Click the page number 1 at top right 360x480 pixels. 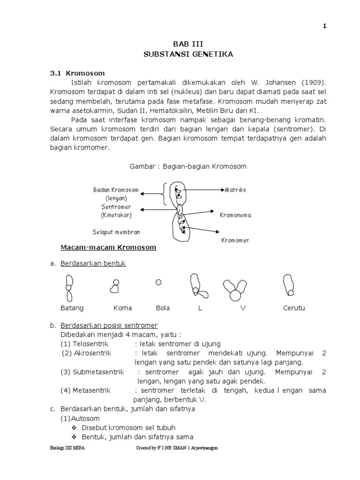(324, 26)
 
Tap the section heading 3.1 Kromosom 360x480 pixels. (77, 74)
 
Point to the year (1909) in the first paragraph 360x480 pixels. (310, 83)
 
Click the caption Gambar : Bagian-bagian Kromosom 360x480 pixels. (187, 166)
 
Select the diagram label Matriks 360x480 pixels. (236, 190)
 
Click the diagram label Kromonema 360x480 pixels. (236, 215)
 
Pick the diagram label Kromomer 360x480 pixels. (235, 240)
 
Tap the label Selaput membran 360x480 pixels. (116, 232)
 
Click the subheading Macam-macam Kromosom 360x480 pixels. (108, 247)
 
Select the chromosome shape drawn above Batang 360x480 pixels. (69, 287)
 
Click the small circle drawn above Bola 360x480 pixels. (158, 282)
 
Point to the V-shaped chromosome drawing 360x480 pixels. (234, 289)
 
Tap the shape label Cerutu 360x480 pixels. (293, 308)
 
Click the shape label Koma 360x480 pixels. (122, 308)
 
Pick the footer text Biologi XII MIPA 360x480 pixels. (68, 448)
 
